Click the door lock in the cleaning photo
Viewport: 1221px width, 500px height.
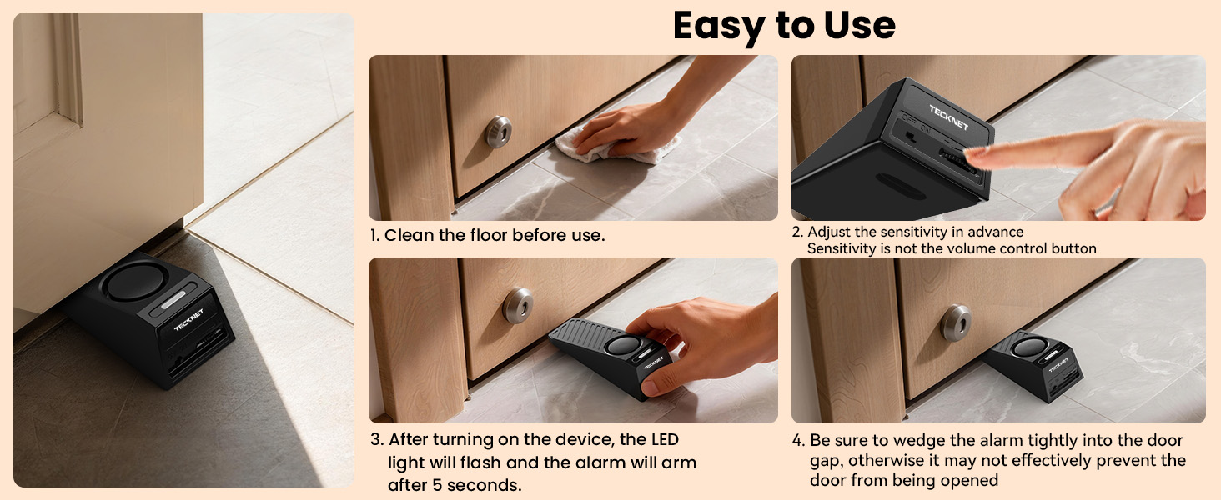(498, 132)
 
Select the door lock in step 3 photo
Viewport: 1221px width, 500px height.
(518, 306)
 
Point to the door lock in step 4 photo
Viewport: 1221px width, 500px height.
(956, 322)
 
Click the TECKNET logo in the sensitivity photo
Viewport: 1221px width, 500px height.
(948, 117)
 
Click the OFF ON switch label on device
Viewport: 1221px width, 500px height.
(916, 122)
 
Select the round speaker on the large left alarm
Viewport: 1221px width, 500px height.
(132, 281)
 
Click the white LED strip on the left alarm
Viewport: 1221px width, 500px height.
(173, 300)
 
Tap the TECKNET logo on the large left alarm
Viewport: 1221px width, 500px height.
(188, 320)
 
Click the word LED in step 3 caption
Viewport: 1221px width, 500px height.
(665, 439)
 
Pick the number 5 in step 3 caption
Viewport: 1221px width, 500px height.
(437, 484)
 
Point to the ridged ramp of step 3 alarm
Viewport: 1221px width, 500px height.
(586, 332)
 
